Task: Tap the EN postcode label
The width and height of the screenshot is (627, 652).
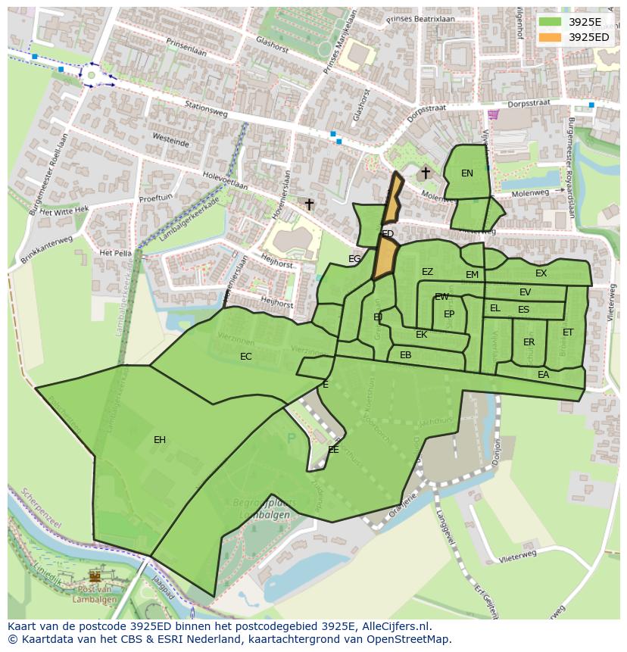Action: (x=467, y=173)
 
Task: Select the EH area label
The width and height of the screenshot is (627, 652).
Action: (x=160, y=440)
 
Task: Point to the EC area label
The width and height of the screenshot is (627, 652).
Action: (x=246, y=357)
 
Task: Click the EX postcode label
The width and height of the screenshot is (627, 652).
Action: (x=541, y=273)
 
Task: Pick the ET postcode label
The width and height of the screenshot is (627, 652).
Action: (x=568, y=332)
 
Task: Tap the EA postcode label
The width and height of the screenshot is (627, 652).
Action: (x=544, y=375)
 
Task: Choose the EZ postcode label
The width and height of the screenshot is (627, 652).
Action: (x=428, y=272)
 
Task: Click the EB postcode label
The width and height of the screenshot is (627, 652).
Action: (x=406, y=355)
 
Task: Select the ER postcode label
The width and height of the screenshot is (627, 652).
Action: (x=529, y=342)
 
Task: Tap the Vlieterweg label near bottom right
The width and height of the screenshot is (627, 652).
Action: (x=518, y=556)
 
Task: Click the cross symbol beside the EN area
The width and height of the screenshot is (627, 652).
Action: (x=426, y=173)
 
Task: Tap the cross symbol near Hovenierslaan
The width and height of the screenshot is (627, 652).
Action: (x=309, y=204)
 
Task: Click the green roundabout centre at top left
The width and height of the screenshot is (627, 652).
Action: (x=92, y=75)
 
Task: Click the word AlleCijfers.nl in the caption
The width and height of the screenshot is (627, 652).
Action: (x=395, y=627)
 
